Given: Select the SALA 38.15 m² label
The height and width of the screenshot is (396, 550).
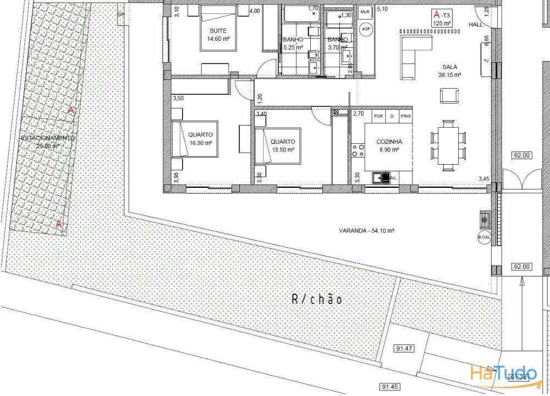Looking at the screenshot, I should [x=449, y=71].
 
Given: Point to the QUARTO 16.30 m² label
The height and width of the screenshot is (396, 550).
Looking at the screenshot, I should [x=200, y=138].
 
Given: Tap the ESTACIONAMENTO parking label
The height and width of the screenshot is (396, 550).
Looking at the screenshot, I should [x=47, y=142].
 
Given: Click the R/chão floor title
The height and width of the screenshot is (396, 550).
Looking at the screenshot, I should [x=317, y=300].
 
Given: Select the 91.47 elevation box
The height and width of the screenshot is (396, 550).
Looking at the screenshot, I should [x=404, y=348].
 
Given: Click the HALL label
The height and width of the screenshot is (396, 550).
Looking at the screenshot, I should [x=476, y=25].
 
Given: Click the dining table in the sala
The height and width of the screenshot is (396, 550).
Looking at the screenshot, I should [x=449, y=144].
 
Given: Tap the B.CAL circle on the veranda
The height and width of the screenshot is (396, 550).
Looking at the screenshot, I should [x=484, y=238].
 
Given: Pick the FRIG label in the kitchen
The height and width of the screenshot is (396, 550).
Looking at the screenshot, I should [x=405, y=116].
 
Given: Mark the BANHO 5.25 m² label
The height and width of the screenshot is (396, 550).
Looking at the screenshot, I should [x=293, y=44].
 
